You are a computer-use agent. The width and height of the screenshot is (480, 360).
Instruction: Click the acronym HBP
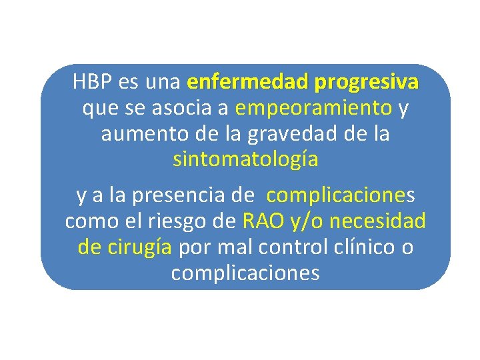click(93, 83)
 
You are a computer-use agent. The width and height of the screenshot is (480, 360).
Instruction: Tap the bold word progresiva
click(368, 83)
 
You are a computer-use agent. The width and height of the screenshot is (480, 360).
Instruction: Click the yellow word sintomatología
click(245, 160)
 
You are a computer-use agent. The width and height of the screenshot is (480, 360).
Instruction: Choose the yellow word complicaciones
click(340, 195)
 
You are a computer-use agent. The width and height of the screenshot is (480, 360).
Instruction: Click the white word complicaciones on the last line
click(245, 273)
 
